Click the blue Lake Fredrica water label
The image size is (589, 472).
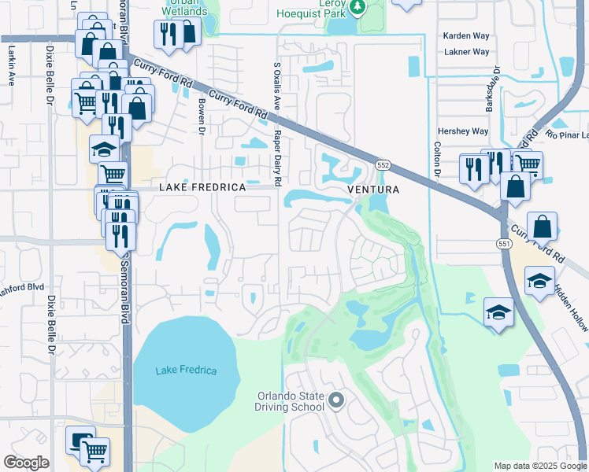(x=186, y=371)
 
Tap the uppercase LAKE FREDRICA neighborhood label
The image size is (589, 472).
(x=202, y=188)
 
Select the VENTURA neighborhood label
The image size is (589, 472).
(x=374, y=190)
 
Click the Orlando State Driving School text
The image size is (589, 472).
(x=289, y=401)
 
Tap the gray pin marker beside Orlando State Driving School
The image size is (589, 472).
(x=336, y=401)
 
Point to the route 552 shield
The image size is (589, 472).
(x=383, y=165)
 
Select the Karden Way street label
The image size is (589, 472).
(x=466, y=36)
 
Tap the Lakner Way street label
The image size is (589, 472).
(x=466, y=52)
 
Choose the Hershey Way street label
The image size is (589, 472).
(x=463, y=131)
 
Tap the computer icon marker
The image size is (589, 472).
(x=80, y=441)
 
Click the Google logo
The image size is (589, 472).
(x=26, y=463)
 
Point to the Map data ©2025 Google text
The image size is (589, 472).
(x=539, y=466)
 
